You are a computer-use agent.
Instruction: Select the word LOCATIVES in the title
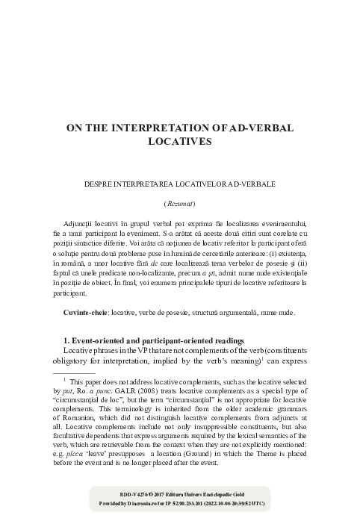(x=180, y=140)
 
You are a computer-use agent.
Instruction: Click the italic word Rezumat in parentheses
(x=179, y=204)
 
